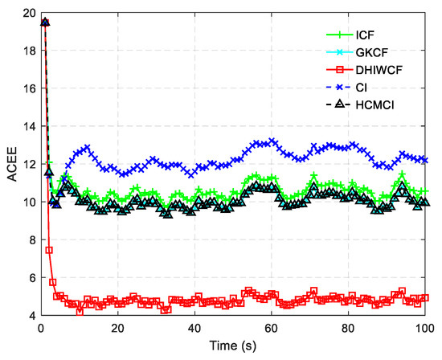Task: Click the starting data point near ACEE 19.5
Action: pyautogui.click(x=45, y=22)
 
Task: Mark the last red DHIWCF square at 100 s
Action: pyautogui.click(x=424, y=298)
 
